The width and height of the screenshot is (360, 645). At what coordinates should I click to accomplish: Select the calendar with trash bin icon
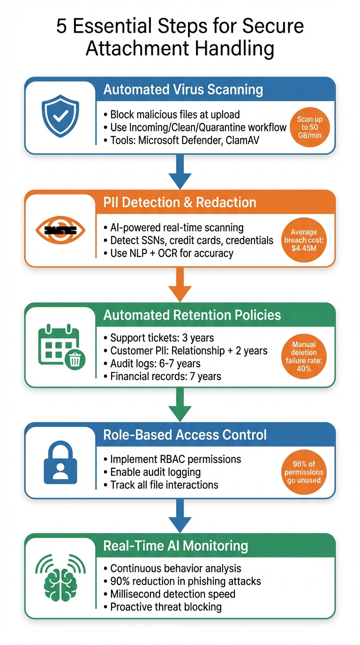pyautogui.click(x=60, y=346)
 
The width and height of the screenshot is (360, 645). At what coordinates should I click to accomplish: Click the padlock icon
pyautogui.click(x=60, y=461)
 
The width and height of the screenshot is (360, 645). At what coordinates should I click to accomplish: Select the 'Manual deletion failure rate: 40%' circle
pyautogui.click(x=304, y=357)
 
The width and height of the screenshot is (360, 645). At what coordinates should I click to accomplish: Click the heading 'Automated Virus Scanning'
pyautogui.click(x=183, y=90)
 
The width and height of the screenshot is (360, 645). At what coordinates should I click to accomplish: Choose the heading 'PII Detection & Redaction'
pyautogui.click(x=180, y=202)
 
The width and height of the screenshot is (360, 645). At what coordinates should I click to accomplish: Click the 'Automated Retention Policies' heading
pyautogui.click(x=192, y=315)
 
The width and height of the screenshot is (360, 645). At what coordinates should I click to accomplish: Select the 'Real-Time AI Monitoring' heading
pyautogui.click(x=175, y=546)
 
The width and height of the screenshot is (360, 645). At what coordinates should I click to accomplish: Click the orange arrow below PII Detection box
pyautogui.click(x=180, y=284)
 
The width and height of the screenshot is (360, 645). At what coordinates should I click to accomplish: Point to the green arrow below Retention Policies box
pyautogui.click(x=180, y=404)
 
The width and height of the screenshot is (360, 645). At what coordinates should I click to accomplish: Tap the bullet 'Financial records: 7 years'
pyautogui.click(x=165, y=376)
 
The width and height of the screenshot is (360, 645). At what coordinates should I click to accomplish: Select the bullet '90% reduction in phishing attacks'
pyautogui.click(x=185, y=581)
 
